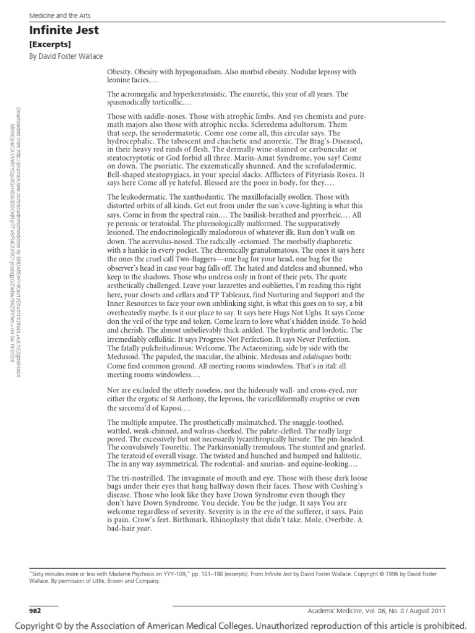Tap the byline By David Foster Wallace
pos(66,56)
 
